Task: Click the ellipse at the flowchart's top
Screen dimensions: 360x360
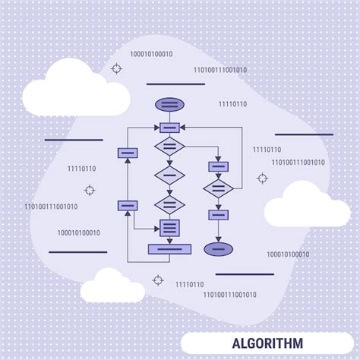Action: click(x=169, y=104)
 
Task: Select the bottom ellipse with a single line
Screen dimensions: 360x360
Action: click(x=218, y=248)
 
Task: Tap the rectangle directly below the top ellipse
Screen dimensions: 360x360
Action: click(x=169, y=127)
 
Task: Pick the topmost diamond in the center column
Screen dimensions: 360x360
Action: click(x=169, y=146)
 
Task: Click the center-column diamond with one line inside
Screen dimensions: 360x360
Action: click(x=169, y=175)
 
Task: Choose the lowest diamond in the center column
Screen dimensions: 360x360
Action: click(x=169, y=204)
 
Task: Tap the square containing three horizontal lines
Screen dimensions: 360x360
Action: click(x=169, y=226)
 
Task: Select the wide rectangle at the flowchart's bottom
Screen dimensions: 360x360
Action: click(x=169, y=248)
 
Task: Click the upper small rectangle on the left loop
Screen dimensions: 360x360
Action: click(x=127, y=153)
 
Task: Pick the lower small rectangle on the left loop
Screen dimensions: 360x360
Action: click(x=127, y=205)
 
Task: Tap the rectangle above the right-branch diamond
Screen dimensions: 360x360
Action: click(x=218, y=166)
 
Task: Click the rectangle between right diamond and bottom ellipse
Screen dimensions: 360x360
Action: click(x=218, y=215)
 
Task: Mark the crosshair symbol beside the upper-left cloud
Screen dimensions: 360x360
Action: click(x=116, y=68)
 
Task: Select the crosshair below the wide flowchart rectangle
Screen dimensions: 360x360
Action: click(x=158, y=279)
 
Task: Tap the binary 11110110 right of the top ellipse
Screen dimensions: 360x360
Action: click(x=232, y=103)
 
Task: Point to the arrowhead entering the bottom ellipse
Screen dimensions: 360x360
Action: click(x=218, y=238)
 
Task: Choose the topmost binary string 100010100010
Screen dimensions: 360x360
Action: click(x=151, y=54)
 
